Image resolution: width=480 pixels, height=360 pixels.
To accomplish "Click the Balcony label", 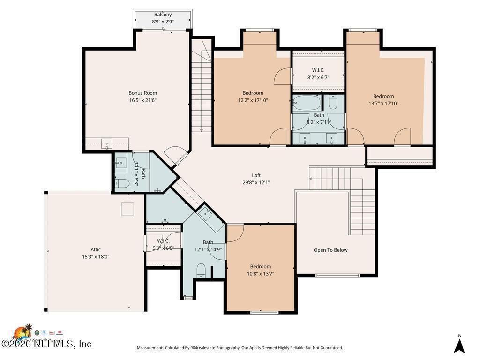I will [163, 15].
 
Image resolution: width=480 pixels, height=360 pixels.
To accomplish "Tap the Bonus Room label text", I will [142, 93].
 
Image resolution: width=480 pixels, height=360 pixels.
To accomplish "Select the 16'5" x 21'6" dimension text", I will [142, 100].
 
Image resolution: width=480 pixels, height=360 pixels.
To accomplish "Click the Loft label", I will [256, 175].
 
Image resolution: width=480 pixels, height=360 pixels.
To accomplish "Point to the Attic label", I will [96, 249].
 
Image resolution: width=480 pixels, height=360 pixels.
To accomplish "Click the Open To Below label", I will [330, 250].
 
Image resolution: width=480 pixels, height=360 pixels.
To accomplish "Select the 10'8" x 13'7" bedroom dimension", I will [260, 273].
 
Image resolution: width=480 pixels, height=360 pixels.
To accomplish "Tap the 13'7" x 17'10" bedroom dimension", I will [383, 103].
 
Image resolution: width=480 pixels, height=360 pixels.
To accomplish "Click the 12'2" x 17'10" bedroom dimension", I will [253, 100].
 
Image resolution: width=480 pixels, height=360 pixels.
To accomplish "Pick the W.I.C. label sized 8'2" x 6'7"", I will [319, 70].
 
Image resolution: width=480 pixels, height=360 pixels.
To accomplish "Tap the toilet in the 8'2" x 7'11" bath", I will [333, 102].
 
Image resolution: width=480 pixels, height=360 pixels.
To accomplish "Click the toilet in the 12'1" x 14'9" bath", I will [201, 270].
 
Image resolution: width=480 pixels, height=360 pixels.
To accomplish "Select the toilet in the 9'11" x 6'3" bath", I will [122, 183].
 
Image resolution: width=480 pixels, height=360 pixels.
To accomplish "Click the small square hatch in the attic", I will [127, 209].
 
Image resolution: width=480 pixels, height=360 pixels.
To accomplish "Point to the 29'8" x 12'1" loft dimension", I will [256, 182].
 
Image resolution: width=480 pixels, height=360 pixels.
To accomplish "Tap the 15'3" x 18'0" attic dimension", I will [96, 256].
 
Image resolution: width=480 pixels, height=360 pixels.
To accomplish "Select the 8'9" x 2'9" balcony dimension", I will [163, 22].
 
